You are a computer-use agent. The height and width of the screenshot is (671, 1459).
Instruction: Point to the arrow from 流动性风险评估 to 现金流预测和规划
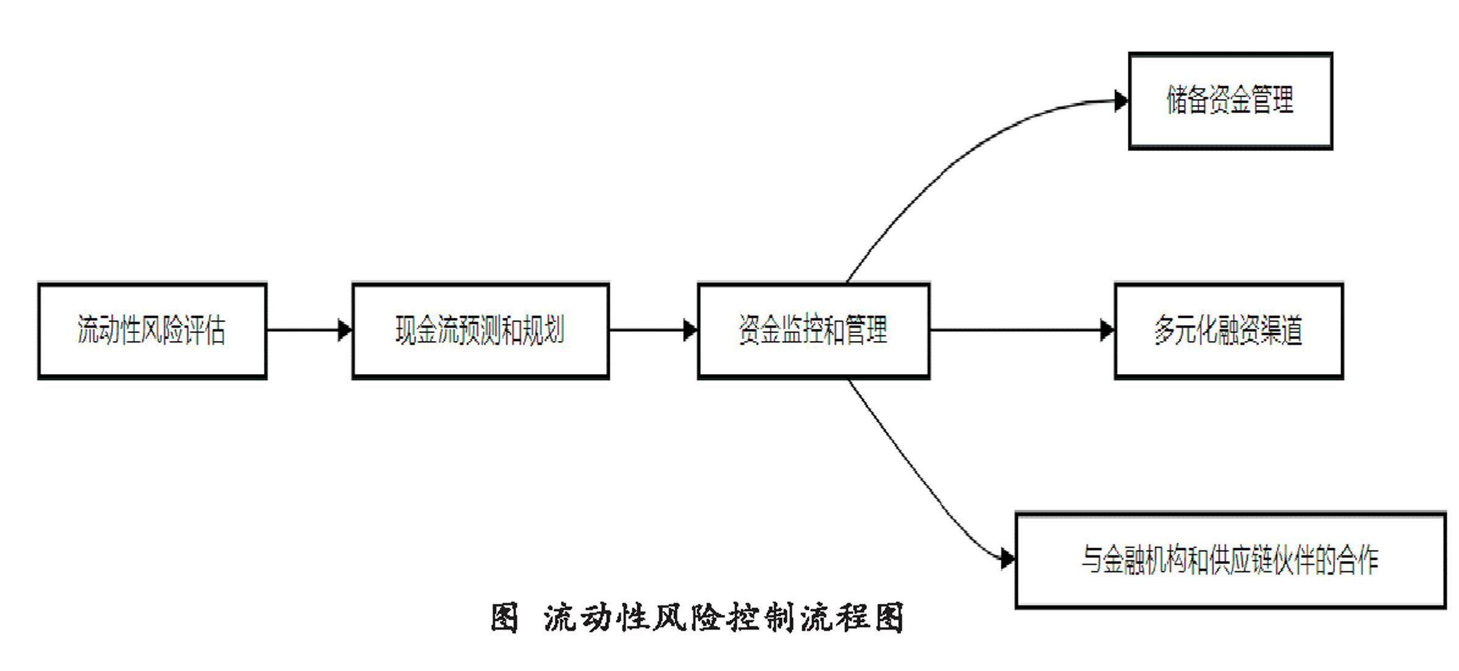(309, 331)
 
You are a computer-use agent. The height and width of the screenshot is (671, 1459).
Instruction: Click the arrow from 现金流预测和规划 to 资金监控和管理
(653, 331)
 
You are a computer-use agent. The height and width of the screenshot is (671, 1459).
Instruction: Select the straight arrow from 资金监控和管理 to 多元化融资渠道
(1022, 331)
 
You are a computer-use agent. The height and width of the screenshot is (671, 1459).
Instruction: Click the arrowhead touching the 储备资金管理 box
(1122, 101)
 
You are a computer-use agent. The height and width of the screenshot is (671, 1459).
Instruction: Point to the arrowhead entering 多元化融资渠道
(1108, 331)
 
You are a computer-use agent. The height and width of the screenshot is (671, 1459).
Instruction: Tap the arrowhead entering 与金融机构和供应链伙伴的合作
(1009, 559)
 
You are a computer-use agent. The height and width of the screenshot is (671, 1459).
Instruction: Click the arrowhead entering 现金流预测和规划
(345, 331)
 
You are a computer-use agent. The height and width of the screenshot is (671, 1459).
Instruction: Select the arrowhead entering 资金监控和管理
(690, 331)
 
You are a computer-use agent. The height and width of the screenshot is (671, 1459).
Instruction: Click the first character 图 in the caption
(505, 618)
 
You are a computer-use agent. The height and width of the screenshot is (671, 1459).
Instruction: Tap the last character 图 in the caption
(890, 618)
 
